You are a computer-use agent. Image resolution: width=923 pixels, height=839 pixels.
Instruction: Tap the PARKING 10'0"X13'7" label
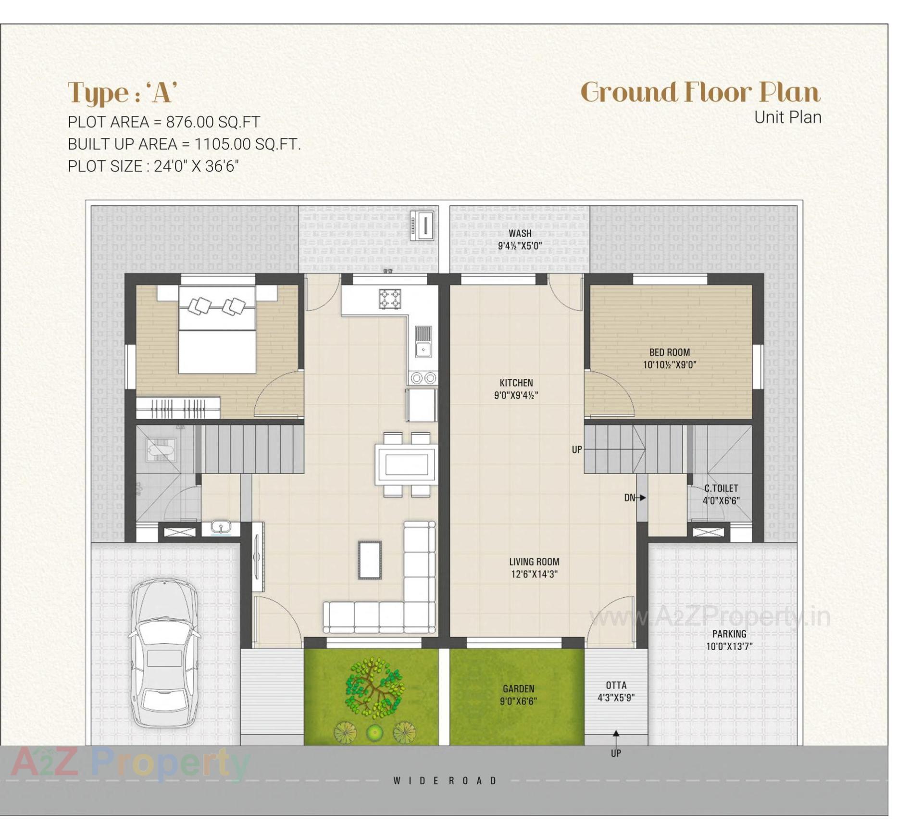tap(729, 640)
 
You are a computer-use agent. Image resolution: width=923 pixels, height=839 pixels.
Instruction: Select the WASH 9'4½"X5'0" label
tap(520, 239)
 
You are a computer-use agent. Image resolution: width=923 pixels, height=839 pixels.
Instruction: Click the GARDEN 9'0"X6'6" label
tap(518, 695)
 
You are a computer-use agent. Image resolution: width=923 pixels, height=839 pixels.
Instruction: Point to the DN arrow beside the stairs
tap(635, 498)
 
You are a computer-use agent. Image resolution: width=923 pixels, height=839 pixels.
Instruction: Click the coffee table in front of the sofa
tap(369, 560)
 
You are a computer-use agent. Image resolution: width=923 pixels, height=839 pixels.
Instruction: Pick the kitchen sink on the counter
tap(423, 349)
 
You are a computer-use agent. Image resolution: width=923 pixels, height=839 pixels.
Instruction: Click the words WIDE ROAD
tap(445, 780)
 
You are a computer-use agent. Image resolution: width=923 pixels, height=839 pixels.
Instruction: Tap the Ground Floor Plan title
tap(700, 92)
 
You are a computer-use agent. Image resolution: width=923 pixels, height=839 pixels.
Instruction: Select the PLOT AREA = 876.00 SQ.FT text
tap(164, 122)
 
